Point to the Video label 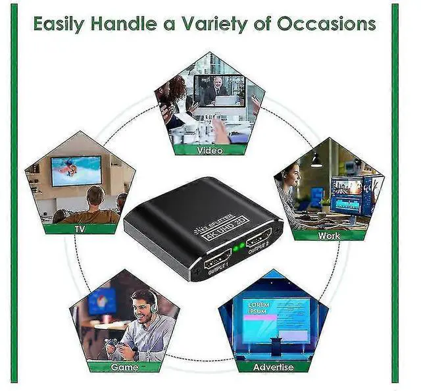click(210, 150)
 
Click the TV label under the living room click(79, 229)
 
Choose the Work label click(329, 235)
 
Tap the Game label click(124, 367)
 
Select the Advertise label click(273, 367)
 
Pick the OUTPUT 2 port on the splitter click(260, 238)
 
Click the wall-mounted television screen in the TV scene click(76, 170)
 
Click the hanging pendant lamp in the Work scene click(316, 160)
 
